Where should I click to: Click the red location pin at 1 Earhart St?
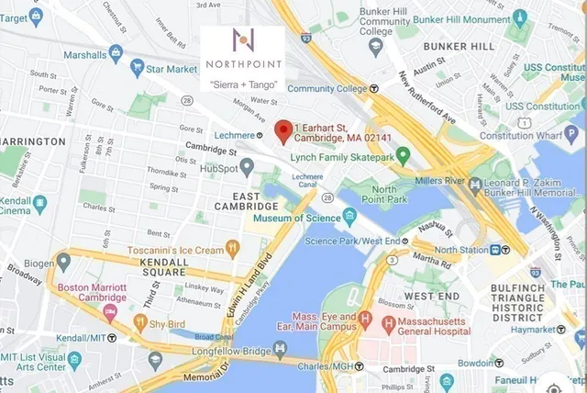click(283, 131)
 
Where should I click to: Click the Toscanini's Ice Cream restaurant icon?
click(233, 248)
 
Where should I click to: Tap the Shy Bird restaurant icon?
click(140, 321)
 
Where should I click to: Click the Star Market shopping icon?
click(138, 67)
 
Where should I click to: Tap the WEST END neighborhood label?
click(432, 297)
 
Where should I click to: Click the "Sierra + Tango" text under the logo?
click(243, 84)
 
